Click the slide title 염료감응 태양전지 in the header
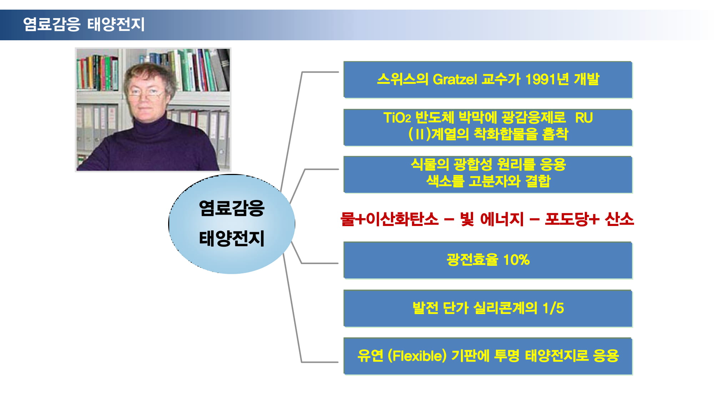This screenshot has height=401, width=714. pos(84,24)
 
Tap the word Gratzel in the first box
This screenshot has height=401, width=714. pos(454,79)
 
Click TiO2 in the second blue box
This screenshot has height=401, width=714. pos(397,118)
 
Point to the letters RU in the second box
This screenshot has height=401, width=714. pos(584,118)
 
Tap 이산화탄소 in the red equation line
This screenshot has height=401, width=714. pos(402,219)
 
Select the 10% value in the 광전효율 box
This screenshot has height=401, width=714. pos(516,260)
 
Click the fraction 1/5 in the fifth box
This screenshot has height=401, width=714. pos(553,308)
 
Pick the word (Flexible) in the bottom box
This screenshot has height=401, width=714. pos(417,356)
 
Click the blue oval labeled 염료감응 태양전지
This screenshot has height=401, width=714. pos(232,224)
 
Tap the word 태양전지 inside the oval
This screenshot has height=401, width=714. pos(232,238)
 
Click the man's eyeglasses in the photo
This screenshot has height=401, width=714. pos(147,93)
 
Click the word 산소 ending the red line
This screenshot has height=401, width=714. pos(619,219)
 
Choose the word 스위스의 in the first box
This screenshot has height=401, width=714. pos(402,79)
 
